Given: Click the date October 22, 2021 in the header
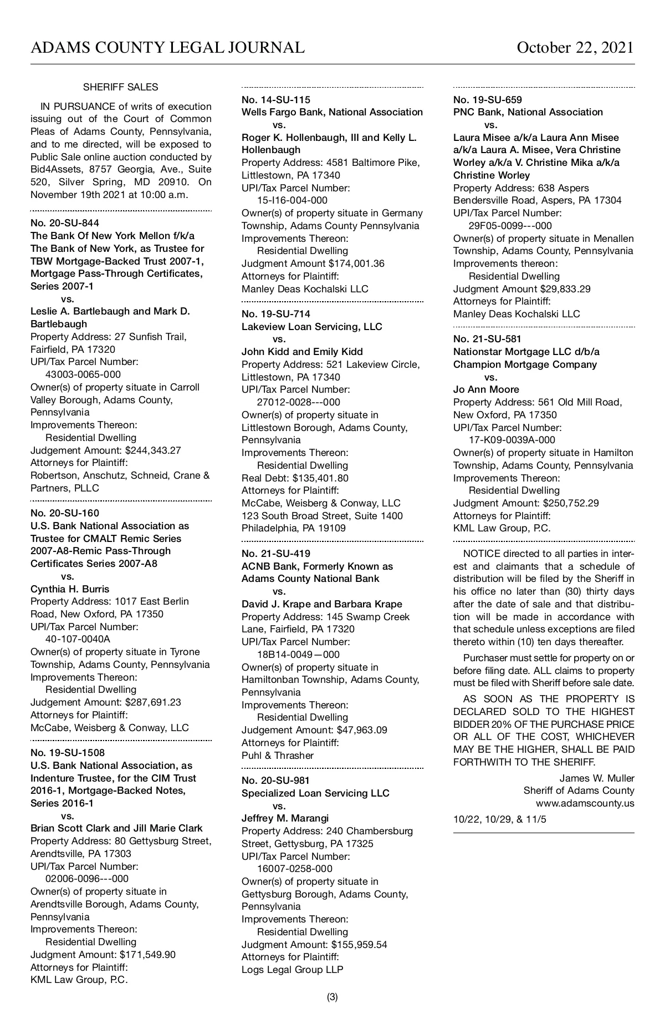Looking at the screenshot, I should [575, 48].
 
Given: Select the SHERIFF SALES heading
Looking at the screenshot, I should [120, 87].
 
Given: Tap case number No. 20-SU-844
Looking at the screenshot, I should [65, 223].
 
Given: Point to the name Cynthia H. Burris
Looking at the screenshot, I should [70, 589].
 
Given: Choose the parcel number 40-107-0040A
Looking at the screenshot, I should [78, 639].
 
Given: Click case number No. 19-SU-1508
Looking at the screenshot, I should [68, 753].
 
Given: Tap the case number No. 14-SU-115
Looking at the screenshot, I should [276, 100].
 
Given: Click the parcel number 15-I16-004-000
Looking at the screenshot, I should [292, 200].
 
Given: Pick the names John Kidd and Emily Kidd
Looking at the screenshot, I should [302, 352].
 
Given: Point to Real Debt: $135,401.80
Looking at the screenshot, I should [295, 478].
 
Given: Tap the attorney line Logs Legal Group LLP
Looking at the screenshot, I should [292, 970].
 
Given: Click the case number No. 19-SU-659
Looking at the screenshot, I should [488, 100].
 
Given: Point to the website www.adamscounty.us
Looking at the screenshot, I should [585, 803].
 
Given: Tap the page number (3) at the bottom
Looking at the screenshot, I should [332, 997].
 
